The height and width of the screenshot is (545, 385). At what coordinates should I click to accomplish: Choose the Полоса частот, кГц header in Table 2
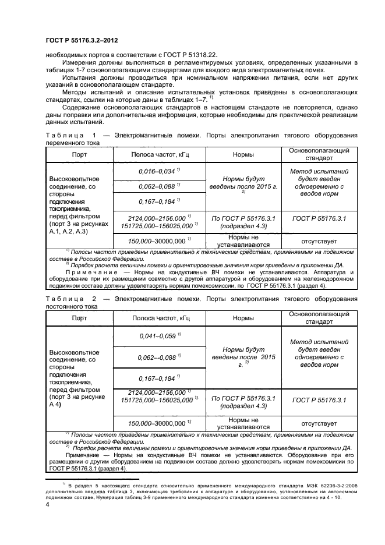pos(158,318)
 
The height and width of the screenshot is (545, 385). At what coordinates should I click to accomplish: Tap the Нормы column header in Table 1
pos(243,155)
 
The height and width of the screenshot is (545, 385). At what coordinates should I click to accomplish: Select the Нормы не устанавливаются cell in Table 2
pos(243,423)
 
